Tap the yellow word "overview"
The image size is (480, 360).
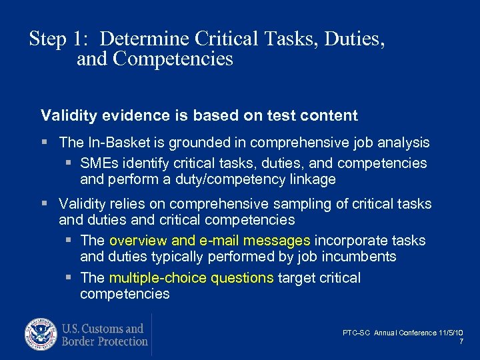click(137, 240)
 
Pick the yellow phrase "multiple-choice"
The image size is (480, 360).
click(157, 277)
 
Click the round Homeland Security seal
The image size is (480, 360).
click(41, 335)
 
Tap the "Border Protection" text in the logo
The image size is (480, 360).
click(105, 341)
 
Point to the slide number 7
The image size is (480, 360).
click(461, 341)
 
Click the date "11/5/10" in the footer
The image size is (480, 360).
click(451, 333)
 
